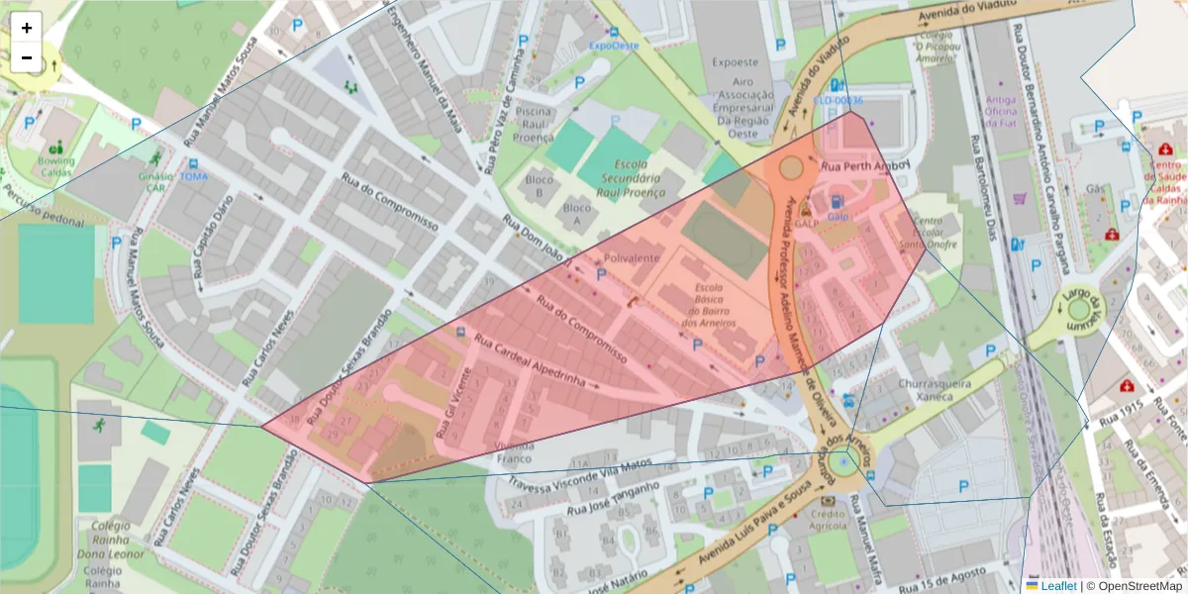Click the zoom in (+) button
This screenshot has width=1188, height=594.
pyautogui.click(x=27, y=28)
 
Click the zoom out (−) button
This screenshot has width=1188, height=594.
pyautogui.click(x=27, y=57)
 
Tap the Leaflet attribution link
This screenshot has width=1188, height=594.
pyautogui.click(x=1057, y=586)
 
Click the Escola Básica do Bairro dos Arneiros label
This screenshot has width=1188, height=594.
pyautogui.click(x=709, y=306)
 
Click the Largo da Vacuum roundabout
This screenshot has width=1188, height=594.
pyautogui.click(x=1079, y=311)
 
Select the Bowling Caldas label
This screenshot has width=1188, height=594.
pyautogui.click(x=55, y=166)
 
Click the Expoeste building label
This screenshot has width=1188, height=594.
pyautogui.click(x=735, y=62)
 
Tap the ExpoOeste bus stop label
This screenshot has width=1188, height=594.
pyautogui.click(x=614, y=45)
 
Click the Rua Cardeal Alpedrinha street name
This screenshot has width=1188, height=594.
pyautogui.click(x=537, y=361)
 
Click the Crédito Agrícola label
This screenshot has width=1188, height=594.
pyautogui.click(x=828, y=521)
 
